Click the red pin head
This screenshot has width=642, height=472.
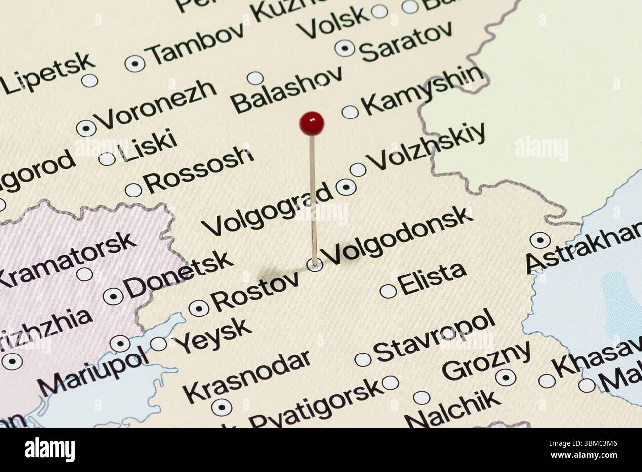[312, 122]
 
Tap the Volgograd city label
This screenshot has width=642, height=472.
[267, 209]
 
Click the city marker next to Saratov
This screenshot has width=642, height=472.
[345, 48]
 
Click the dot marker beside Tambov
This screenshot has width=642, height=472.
[135, 63]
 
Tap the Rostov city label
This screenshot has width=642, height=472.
[255, 292]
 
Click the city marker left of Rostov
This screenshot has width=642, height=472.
[199, 308]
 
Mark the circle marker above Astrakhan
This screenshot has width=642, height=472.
[540, 240]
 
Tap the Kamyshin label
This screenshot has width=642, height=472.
[423, 90]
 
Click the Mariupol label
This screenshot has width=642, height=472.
[93, 371]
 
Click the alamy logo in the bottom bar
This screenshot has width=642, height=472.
[49, 450]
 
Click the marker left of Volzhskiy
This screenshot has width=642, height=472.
[358, 170]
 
